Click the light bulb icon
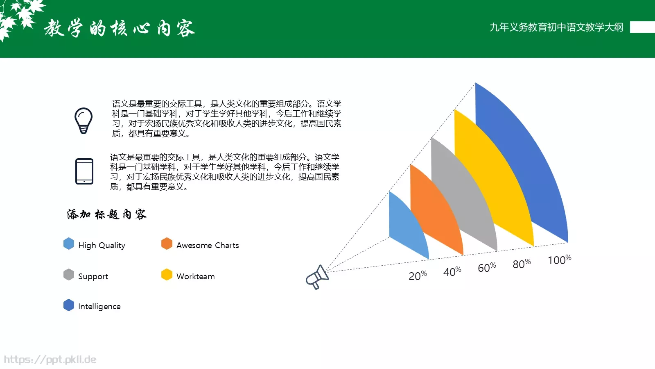(x=84, y=121)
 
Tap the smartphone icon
(x=84, y=171)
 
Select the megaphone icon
(x=317, y=277)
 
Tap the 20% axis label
(x=418, y=275)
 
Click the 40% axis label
(x=452, y=271)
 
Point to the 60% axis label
(x=487, y=267)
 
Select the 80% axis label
(x=522, y=264)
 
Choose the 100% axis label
(x=559, y=260)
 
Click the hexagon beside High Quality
(x=69, y=244)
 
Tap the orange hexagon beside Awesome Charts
(x=167, y=244)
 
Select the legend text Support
(x=93, y=276)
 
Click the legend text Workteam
(x=195, y=276)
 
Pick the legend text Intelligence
(x=99, y=306)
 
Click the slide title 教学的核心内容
(x=119, y=28)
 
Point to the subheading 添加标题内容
(x=107, y=214)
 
